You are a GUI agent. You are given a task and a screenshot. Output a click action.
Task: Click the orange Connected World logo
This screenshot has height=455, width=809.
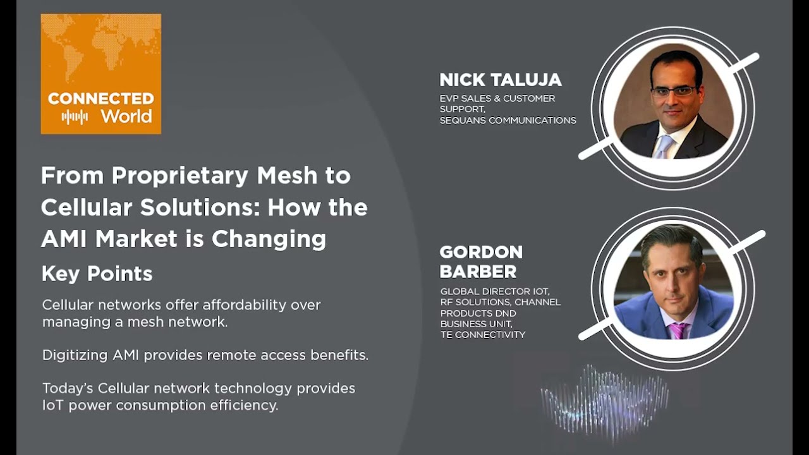[x=100, y=74]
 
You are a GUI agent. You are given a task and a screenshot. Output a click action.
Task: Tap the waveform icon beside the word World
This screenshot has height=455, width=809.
[x=75, y=117]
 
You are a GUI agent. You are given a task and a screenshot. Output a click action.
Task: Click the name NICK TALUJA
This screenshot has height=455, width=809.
[x=500, y=80]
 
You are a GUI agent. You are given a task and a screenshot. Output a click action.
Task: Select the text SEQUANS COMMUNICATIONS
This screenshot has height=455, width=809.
[x=508, y=120]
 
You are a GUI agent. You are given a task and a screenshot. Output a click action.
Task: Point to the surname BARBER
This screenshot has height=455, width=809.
[x=478, y=272]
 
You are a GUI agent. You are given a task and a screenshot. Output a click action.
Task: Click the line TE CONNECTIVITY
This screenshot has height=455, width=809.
[x=482, y=335]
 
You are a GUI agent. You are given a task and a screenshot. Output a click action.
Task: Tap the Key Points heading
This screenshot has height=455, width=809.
[x=97, y=274]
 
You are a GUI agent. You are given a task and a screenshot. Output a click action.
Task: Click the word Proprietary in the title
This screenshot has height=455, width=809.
[x=179, y=176]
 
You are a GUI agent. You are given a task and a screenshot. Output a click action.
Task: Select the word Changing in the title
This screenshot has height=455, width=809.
[x=269, y=240]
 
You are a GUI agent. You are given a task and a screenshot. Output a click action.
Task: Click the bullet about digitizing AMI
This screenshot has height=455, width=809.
[x=205, y=355]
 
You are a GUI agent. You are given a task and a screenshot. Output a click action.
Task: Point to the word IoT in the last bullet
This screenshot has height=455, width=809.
[x=53, y=405]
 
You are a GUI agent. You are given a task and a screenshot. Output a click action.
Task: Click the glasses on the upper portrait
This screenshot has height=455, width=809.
[x=673, y=90]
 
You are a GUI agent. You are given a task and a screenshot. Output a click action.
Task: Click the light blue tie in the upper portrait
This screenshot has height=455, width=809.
[x=664, y=147]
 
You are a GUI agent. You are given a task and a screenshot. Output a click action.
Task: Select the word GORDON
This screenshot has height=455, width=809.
[x=481, y=252]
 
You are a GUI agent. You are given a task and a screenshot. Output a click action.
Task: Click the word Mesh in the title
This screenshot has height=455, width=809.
[x=287, y=176]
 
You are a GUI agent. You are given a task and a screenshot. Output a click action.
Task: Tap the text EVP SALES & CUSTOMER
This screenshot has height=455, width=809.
[x=497, y=98]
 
